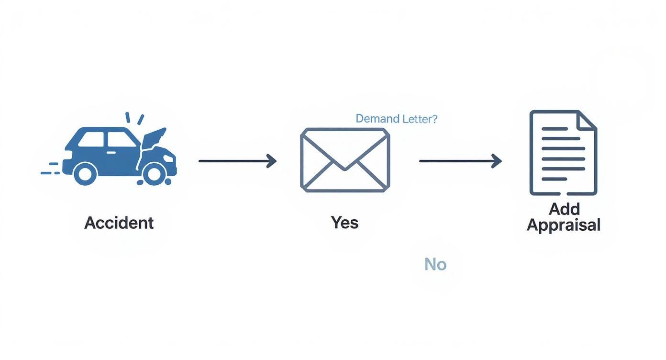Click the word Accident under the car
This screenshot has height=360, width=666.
[x=119, y=223]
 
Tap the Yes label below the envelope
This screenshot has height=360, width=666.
[x=344, y=222]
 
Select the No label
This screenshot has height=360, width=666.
[x=435, y=264]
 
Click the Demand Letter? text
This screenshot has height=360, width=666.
[x=396, y=119]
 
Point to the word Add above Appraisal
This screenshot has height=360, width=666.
[x=564, y=209]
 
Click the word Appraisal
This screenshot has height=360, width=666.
[x=563, y=225]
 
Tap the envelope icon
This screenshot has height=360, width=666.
[x=344, y=160]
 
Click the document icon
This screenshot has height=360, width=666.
[x=563, y=153]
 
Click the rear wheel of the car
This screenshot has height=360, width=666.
[x=86, y=173]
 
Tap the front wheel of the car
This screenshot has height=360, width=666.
[x=154, y=174]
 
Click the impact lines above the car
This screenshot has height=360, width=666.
[x=134, y=118]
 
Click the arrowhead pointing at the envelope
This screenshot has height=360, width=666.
[x=272, y=161]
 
